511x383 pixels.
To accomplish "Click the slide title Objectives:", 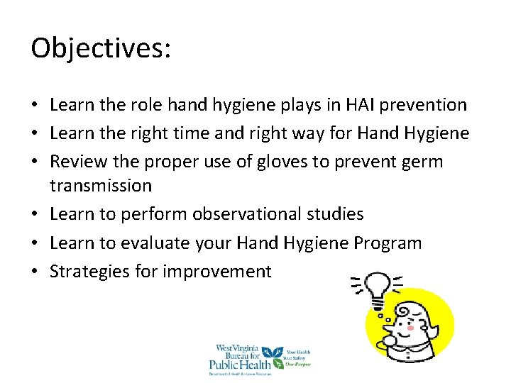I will [101, 49].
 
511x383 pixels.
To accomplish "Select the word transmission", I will [101, 186].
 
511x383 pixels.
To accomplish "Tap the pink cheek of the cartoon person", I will [410, 328].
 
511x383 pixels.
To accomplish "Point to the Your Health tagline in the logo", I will [299, 350].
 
